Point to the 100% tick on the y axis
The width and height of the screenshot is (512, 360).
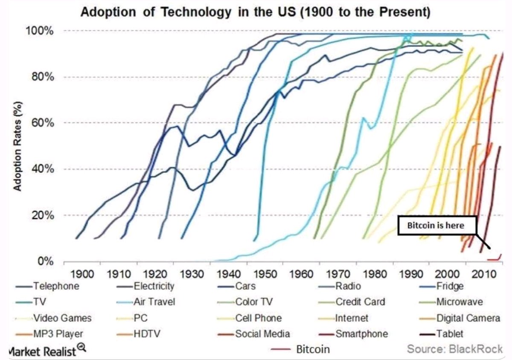[x=42, y=31]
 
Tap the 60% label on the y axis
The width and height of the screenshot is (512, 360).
[x=43, y=123]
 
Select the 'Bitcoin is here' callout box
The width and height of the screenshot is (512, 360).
[x=436, y=226]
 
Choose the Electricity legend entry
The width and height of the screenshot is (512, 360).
[x=154, y=286]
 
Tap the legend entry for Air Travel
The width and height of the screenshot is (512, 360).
[x=154, y=302]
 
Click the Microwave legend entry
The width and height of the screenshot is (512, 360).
[x=459, y=302]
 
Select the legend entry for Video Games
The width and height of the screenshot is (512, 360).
[x=62, y=318]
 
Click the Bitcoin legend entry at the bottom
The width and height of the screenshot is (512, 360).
[x=313, y=349]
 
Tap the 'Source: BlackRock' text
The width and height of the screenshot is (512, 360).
[x=454, y=349]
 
